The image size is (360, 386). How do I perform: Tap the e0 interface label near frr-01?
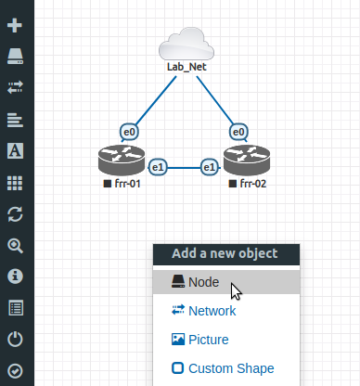[130, 133]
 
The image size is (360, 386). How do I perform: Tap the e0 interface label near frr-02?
[238, 133]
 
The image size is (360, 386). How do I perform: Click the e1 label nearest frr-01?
[159, 167]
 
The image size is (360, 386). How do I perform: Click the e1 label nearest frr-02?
[210, 167]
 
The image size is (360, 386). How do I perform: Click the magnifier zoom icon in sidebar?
[16, 246]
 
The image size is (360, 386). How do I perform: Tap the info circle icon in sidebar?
[16, 277]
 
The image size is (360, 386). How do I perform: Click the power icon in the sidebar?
[16, 339]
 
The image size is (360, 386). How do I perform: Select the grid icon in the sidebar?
[16, 183]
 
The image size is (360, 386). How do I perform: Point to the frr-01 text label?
[127, 185]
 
